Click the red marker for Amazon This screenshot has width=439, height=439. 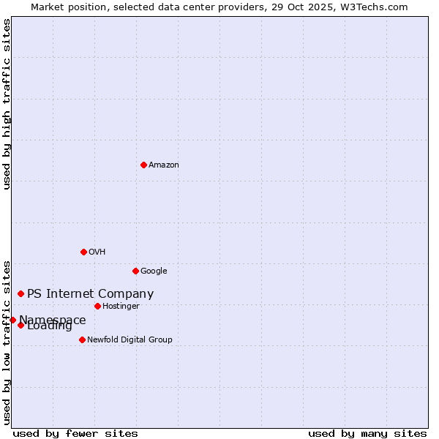143,165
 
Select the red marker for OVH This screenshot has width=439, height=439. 83,252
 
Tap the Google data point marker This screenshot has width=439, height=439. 135,271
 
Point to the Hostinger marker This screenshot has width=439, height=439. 97,306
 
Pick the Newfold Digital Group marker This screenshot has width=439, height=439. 82,339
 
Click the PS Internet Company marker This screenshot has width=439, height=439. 20,293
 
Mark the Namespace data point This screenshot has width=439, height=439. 12,320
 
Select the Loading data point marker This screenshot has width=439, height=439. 20,325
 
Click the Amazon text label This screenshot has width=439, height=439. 164,165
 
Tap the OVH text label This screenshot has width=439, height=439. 97,252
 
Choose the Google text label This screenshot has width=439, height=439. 154,271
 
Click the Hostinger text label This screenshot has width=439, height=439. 121,307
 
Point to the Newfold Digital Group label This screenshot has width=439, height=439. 130,340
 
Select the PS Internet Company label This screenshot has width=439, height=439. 90,294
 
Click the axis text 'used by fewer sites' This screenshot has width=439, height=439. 75,434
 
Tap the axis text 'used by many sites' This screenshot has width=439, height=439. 367,434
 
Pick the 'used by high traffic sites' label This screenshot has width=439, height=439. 7,104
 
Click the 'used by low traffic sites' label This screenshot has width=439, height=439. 7,342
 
